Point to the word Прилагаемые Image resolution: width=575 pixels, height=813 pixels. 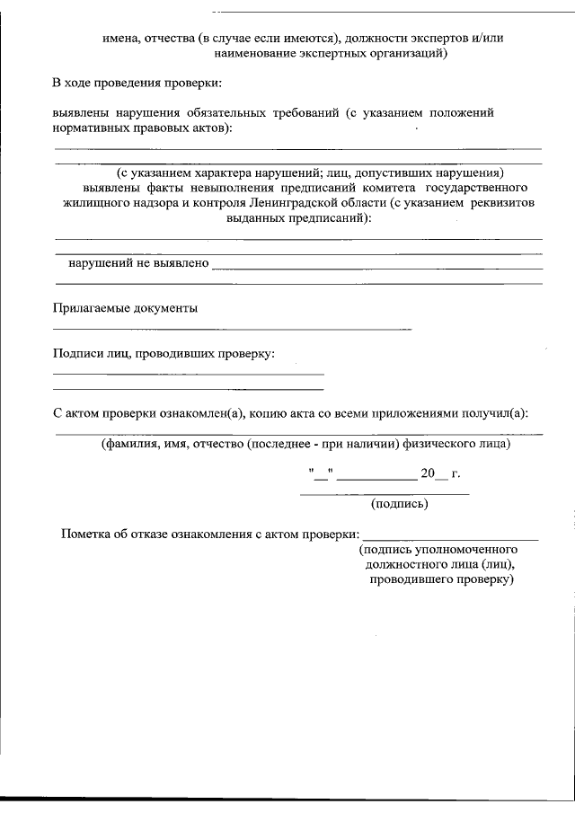click(x=88, y=307)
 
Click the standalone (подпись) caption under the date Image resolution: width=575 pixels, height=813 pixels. click(x=400, y=504)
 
